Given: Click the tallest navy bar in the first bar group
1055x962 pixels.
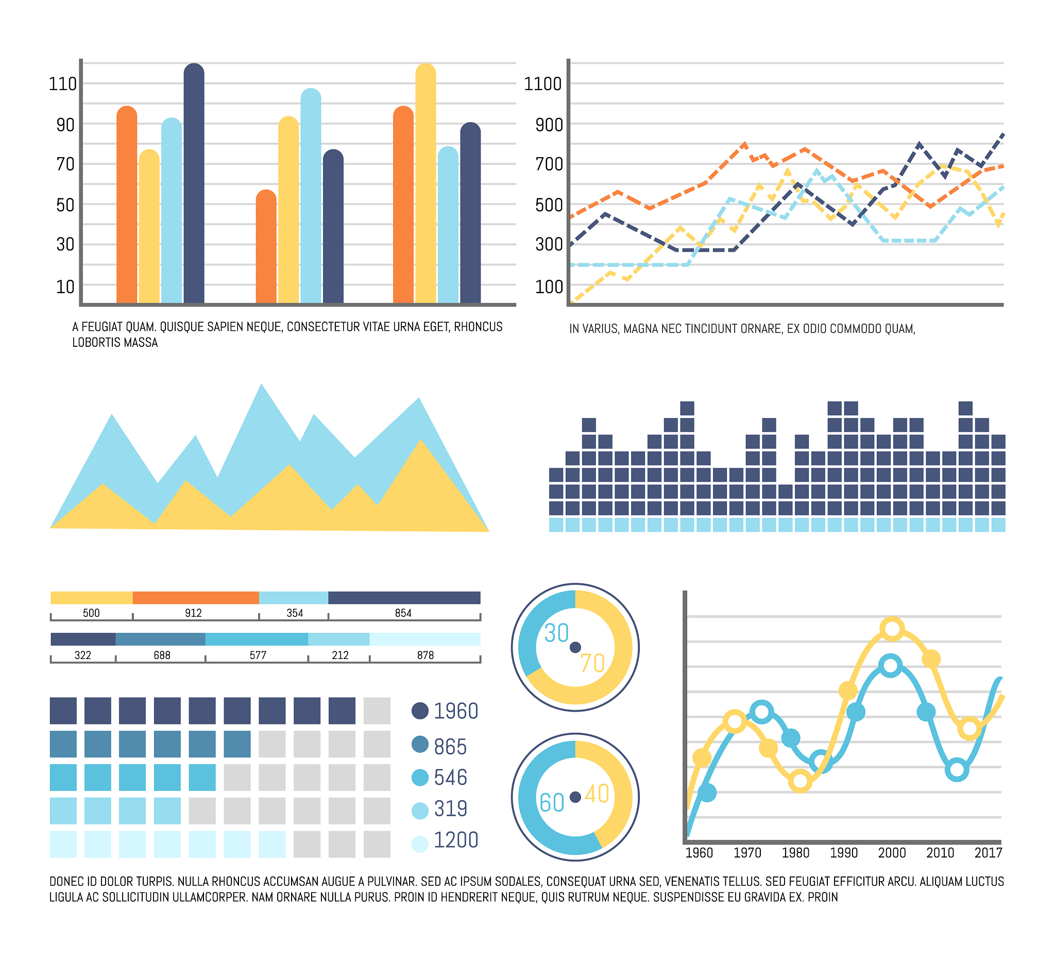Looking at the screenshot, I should pyautogui.click(x=194, y=183).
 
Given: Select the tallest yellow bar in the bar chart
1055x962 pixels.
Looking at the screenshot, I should pyautogui.click(x=426, y=183).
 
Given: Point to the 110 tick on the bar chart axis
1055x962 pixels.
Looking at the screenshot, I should pyautogui.click(x=62, y=84).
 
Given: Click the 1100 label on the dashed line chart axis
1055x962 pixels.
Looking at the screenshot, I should pyautogui.click(x=542, y=84).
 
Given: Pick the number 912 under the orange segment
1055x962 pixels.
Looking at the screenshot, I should pyautogui.click(x=193, y=613).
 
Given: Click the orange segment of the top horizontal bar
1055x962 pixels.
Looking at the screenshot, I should pyautogui.click(x=196, y=598).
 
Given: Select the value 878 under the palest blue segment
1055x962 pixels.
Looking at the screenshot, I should pyautogui.click(x=426, y=655).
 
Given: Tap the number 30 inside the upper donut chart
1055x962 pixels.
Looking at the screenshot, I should pyautogui.click(x=556, y=633).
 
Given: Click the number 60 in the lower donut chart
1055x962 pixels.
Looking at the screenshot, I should pyautogui.click(x=552, y=803).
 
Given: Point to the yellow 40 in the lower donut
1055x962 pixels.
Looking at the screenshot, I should pyautogui.click(x=597, y=794).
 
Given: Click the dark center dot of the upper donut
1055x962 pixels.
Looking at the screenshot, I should pyautogui.click(x=575, y=648).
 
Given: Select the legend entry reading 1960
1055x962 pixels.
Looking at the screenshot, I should pyautogui.click(x=455, y=711).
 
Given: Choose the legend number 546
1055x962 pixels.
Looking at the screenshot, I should pyautogui.click(x=450, y=777).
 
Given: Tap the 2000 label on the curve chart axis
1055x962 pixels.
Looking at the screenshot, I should pyautogui.click(x=892, y=853).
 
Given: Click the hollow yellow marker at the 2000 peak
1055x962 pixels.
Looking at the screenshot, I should pyautogui.click(x=892, y=629).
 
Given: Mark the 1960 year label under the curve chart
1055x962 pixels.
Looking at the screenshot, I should pyautogui.click(x=699, y=853).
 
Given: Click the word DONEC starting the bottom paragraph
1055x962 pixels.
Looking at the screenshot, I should pyautogui.click(x=63, y=882).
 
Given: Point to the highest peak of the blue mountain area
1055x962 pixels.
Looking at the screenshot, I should pyautogui.click(x=262, y=386).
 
